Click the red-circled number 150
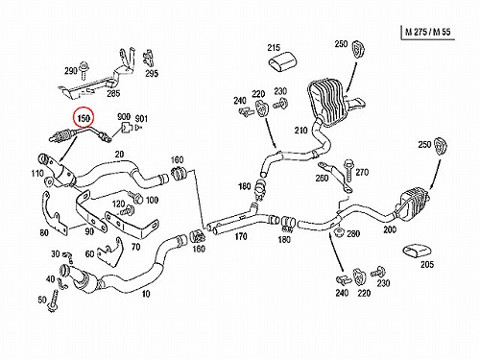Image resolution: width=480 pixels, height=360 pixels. (84, 118)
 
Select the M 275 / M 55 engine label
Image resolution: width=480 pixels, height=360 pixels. (427, 32)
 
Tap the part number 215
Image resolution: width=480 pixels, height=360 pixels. (274, 48)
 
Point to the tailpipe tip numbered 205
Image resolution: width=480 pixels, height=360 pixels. (416, 251)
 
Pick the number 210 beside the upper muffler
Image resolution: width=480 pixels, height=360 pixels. (300, 131)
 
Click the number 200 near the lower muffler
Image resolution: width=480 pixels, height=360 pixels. (390, 229)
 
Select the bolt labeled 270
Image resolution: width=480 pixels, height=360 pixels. (348, 172)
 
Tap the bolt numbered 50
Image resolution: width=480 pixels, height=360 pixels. (53, 301)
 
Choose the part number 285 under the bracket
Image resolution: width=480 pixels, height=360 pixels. (113, 93)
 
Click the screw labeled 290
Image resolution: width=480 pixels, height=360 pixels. (84, 71)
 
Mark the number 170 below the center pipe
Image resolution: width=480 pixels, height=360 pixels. (241, 236)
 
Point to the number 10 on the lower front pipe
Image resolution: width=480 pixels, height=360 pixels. (146, 294)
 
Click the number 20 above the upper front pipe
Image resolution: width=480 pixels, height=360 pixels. (119, 155)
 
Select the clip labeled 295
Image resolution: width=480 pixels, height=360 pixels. (148, 59)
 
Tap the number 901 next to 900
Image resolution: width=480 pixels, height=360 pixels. (141, 119)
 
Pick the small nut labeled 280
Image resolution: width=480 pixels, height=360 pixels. (338, 232)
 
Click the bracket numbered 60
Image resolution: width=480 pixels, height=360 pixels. (109, 252)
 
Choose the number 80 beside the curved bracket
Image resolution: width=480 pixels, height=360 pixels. (44, 232)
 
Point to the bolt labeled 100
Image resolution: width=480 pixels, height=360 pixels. (135, 197)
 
